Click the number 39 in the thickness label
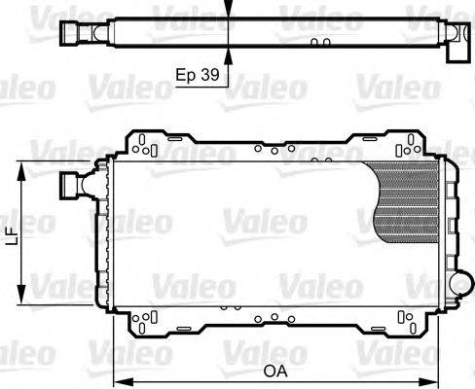tap(209, 74)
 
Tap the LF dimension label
tap(11, 234)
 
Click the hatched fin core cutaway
tap(407, 199)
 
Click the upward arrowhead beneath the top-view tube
tap(229, 54)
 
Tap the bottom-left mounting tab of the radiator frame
tap(144, 320)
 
